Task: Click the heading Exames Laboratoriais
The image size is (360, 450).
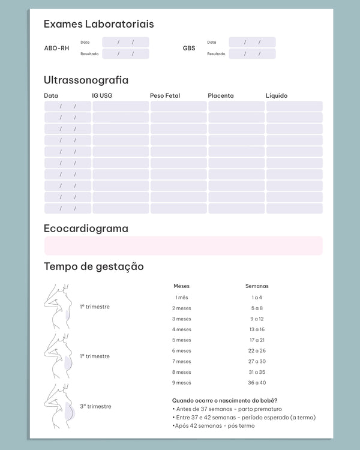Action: [98, 25]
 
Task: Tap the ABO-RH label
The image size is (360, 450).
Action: [56, 48]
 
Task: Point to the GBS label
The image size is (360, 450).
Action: [189, 48]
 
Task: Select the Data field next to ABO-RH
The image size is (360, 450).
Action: [125, 42]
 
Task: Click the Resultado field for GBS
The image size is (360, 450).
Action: [252, 53]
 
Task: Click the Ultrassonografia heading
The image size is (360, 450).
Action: [86, 80]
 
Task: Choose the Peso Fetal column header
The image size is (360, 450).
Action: [165, 95]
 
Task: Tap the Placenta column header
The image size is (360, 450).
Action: [221, 95]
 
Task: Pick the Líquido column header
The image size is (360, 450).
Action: [277, 95]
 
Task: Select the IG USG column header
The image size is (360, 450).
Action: [102, 95]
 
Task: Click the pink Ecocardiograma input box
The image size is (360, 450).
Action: [183, 245]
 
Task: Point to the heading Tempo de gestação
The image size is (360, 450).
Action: [94, 266]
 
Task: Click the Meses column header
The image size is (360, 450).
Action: [181, 286]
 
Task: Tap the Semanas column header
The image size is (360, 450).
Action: [257, 286]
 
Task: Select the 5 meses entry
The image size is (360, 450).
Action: [182, 340]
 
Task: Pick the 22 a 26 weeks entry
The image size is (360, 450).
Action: [257, 351]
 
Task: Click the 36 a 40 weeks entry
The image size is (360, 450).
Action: [257, 383]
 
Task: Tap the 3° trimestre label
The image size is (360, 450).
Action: [95, 406]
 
